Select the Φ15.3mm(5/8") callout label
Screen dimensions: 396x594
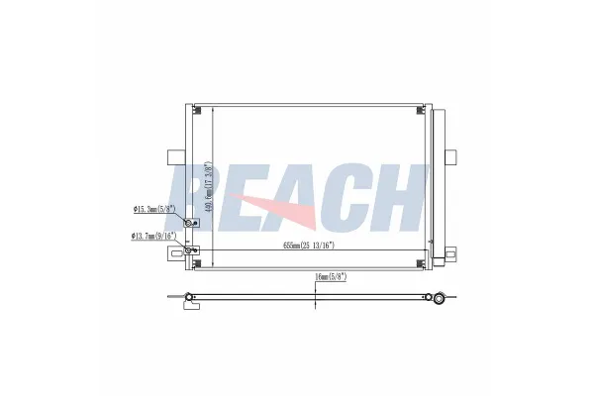pos(153,209)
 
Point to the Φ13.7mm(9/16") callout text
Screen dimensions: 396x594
pos(152,236)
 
